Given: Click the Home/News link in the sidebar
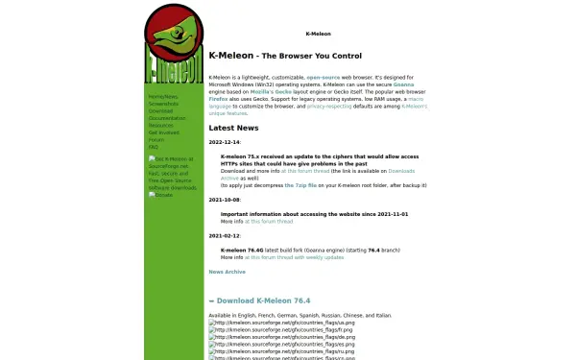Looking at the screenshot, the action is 162,97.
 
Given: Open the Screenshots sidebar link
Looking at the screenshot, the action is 163,104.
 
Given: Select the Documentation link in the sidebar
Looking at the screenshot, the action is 167,118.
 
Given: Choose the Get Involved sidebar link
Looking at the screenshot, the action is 164,132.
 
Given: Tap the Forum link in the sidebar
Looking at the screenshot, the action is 156,139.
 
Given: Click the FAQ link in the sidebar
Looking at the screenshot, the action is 154,147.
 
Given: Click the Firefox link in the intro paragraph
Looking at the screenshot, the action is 218,97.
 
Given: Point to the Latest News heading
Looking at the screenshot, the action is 233,128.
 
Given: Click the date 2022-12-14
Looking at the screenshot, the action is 226,141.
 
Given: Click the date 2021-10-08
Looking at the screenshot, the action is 226,200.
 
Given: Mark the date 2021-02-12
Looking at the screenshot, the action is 226,235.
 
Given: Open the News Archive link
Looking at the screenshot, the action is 227,272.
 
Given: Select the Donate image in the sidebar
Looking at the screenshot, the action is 161,194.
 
